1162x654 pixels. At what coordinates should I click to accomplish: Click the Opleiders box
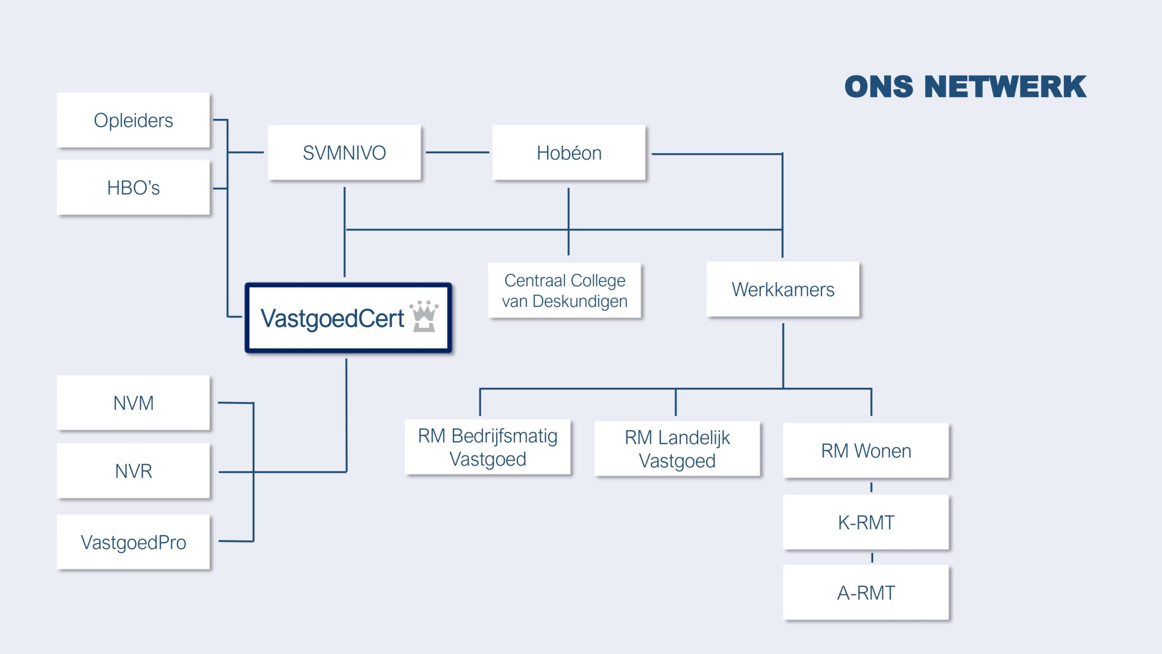tap(133, 120)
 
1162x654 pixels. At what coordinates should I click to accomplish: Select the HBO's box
tap(133, 187)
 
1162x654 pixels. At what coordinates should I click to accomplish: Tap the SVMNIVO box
tap(345, 153)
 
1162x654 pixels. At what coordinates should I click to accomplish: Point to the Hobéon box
tap(569, 153)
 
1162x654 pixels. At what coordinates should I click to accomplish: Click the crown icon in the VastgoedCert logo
tap(424, 316)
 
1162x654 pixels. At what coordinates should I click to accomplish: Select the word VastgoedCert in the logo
tap(332, 318)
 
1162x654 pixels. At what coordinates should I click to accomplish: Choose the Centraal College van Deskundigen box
tap(565, 291)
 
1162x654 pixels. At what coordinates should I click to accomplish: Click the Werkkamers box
tap(783, 289)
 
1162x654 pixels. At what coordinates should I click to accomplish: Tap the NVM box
tap(133, 403)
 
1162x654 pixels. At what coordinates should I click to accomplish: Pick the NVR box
tap(133, 471)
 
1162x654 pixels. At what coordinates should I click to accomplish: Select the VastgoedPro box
tap(133, 542)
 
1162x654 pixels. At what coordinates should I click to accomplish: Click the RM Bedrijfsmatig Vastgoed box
tap(488, 447)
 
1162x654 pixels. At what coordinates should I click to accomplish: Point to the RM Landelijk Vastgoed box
tap(677, 449)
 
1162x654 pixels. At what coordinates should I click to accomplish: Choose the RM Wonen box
tap(866, 451)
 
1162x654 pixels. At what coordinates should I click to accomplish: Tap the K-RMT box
tap(866, 522)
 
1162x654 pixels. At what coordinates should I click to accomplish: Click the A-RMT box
tap(866, 593)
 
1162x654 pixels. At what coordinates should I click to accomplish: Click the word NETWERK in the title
tap(1005, 87)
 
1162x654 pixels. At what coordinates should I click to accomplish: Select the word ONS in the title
tap(879, 87)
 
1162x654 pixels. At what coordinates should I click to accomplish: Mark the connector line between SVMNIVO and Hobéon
tap(458, 153)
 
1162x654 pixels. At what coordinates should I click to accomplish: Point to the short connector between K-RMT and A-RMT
tap(872, 558)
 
